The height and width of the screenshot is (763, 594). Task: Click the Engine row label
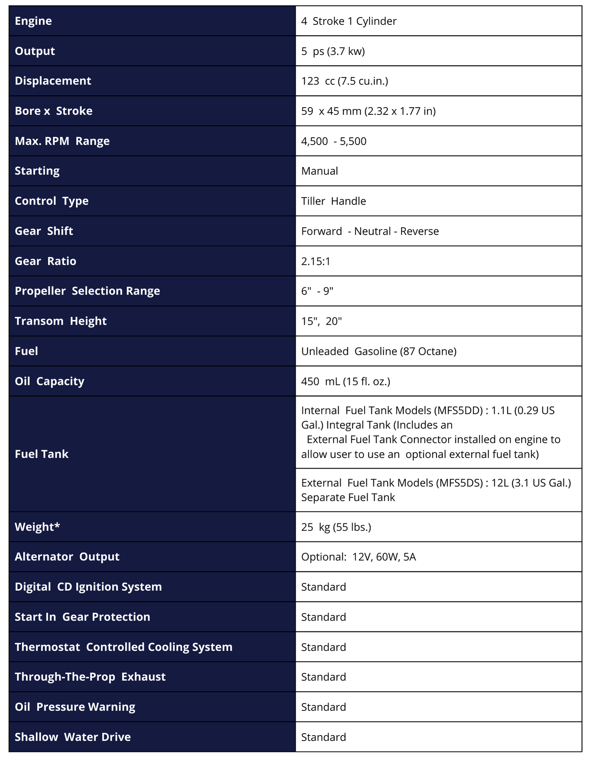pos(33,21)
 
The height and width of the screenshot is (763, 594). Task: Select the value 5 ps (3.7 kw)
pos(333,51)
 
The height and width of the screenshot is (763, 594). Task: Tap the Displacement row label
pos(53,81)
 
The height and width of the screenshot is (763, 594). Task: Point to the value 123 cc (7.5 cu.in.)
pos(345,81)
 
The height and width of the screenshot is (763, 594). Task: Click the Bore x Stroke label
pos(53,111)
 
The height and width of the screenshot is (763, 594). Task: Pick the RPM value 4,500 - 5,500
pos(333,141)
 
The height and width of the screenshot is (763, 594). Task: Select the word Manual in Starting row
pos(319,171)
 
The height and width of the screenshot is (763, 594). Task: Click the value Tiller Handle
pos(333,201)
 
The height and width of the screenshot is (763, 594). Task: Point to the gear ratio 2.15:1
pos(316,261)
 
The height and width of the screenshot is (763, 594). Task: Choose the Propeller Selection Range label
pos(87,291)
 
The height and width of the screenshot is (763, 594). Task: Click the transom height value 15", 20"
pos(321,321)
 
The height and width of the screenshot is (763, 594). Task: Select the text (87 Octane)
pos(428,351)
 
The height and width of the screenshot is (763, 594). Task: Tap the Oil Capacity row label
pos(49,381)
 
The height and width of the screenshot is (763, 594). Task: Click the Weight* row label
pos(37,527)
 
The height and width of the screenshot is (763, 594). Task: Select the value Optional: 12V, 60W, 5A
pos(358,557)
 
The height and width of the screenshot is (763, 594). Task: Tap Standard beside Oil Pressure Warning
pos(324,707)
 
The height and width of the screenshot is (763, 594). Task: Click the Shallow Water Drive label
pos(73,737)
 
